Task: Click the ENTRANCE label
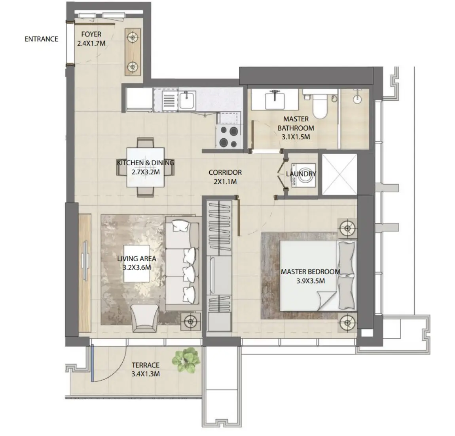41,39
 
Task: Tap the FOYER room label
91,34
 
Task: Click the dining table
145,167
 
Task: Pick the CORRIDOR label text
225,173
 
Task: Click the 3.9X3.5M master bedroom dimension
310,281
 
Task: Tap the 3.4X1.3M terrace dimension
146,374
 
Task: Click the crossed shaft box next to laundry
339,174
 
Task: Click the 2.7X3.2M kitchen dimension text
145,172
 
